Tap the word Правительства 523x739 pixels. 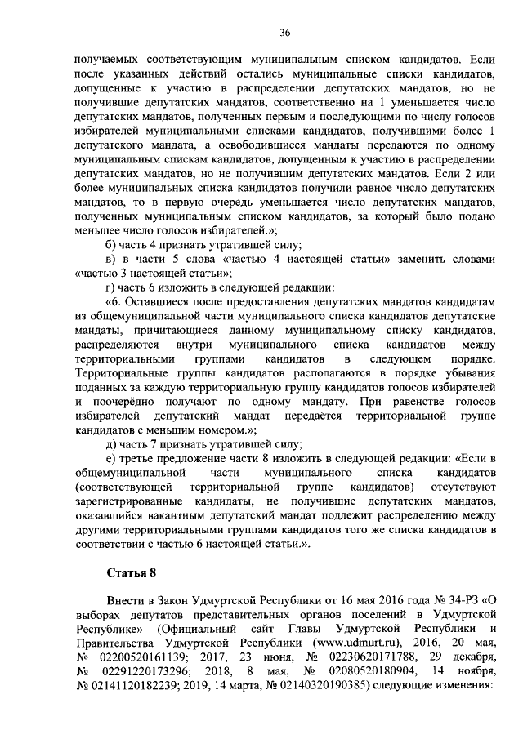click(x=114, y=643)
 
